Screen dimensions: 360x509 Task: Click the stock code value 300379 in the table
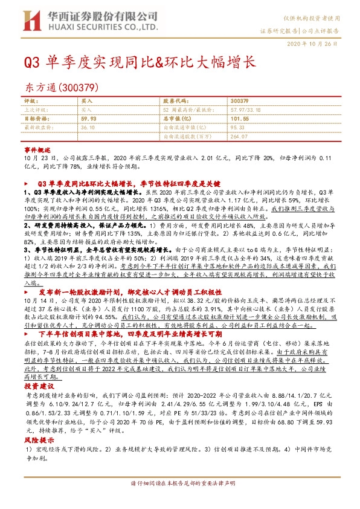[x=240, y=101]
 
